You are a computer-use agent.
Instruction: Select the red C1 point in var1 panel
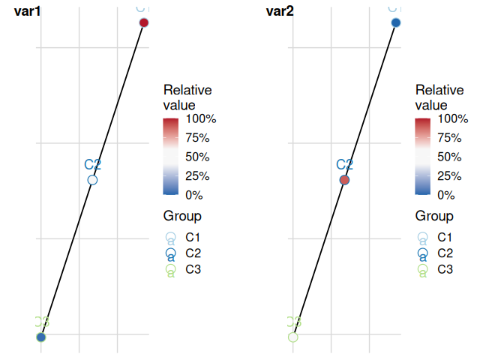point(144,23)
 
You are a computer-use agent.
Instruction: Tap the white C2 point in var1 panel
point(92,180)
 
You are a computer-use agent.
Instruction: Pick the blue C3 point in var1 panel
point(41,337)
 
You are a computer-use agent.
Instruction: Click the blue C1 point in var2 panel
point(396,23)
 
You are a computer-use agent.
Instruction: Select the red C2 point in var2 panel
point(344,180)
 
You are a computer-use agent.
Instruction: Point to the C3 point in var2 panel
point(293,337)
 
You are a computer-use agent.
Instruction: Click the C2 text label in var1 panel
point(92,165)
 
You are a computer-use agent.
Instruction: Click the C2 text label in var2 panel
point(344,165)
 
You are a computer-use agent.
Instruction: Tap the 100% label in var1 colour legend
point(201,118)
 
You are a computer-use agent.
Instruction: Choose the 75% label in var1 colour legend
point(198,138)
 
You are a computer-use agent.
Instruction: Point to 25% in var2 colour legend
point(450,176)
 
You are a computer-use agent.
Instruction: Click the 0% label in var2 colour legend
point(446,195)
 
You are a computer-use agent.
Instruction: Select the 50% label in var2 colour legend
point(450,157)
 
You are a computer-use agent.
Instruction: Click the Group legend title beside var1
point(182,217)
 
